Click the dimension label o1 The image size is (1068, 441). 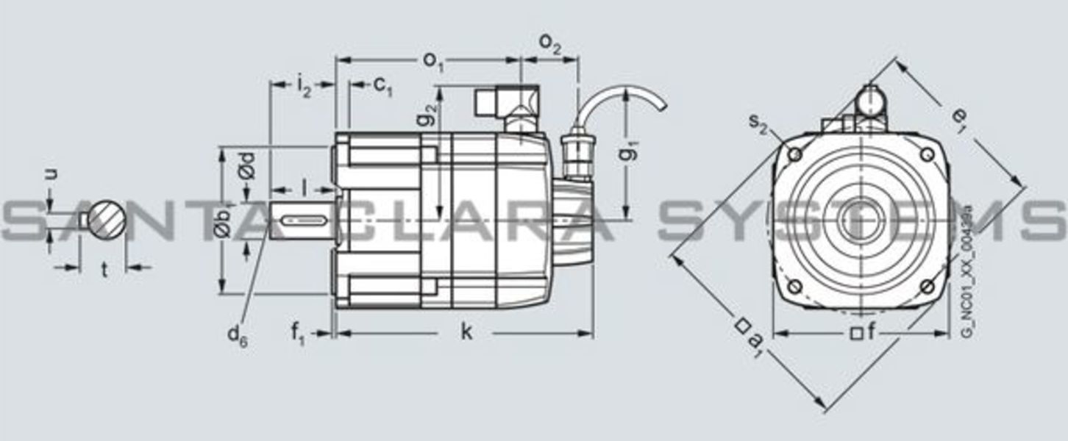433,61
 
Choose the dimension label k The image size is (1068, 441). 466,332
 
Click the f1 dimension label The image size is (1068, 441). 297,334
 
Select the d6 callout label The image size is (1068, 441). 236,335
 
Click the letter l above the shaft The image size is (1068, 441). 304,188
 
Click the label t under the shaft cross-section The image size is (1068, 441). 104,271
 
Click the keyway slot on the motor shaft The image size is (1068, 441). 304,219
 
